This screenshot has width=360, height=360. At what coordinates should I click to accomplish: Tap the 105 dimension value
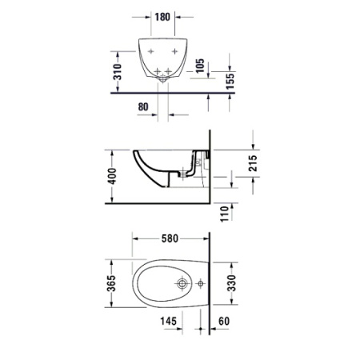[200, 65]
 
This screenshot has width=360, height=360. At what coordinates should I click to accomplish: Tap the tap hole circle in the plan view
[184, 283]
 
